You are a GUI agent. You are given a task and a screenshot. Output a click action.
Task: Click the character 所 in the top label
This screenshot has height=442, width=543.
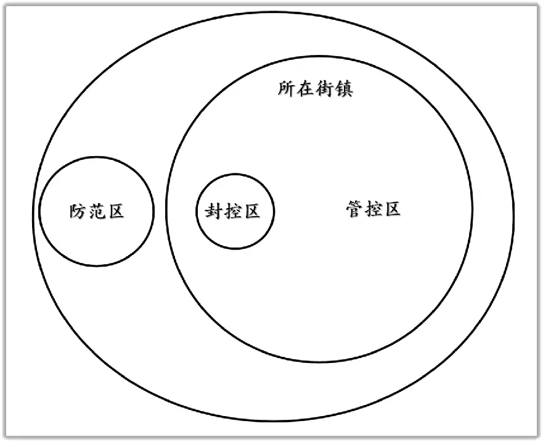pyautogui.click(x=287, y=88)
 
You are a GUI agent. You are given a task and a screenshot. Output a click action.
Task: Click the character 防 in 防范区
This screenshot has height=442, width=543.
pyautogui.click(x=77, y=211)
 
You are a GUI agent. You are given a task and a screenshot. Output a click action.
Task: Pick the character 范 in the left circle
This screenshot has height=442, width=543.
pyautogui.click(x=97, y=211)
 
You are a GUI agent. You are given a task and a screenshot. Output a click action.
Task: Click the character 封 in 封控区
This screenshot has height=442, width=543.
pyautogui.click(x=213, y=211)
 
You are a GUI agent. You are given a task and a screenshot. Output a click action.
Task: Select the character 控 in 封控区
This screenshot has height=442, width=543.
pyautogui.click(x=233, y=211)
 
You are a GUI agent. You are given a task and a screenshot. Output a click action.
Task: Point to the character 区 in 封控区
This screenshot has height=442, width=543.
pyautogui.click(x=252, y=211)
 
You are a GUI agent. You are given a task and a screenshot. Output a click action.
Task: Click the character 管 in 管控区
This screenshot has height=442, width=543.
pyautogui.click(x=354, y=209)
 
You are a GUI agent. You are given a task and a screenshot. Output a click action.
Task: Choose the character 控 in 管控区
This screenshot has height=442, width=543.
pyautogui.click(x=374, y=209)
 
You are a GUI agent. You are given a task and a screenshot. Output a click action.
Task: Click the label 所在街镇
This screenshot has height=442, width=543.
pyautogui.click(x=316, y=88)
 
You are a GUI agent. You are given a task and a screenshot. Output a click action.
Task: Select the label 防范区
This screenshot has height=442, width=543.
pyautogui.click(x=97, y=211)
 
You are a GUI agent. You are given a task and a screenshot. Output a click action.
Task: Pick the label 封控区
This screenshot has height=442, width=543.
pyautogui.click(x=232, y=211)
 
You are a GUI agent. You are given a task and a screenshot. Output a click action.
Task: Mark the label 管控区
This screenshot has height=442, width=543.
pyautogui.click(x=374, y=209)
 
